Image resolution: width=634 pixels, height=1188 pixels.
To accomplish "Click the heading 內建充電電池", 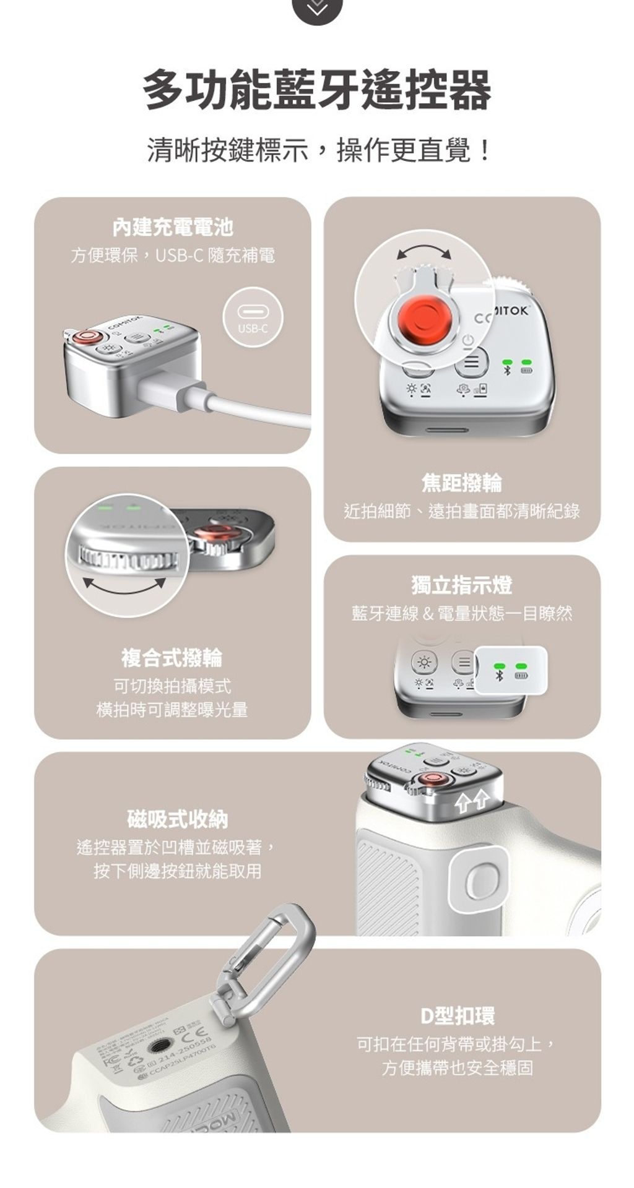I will coord(173,228).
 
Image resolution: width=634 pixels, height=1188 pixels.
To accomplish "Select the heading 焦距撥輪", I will coord(462,483).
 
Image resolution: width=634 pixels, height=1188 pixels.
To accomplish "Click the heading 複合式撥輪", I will coord(172,658).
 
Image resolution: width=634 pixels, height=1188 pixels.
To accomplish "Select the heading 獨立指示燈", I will coord(462,585).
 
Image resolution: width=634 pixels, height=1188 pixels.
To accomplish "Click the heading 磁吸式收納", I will coord(178,819).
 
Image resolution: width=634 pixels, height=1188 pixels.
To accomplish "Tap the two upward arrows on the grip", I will coord(472,803).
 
